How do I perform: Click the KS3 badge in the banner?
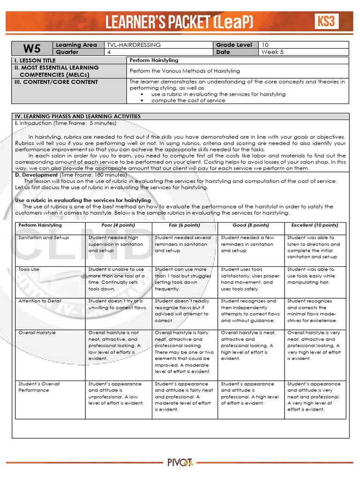tap(327, 21)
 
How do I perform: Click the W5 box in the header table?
tap(32, 49)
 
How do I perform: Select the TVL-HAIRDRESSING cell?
tap(134, 45)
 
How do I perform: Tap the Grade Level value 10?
tap(265, 45)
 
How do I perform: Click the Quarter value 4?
tap(109, 52)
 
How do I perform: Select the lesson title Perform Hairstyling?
tap(154, 60)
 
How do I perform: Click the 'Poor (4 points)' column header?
tap(118, 225)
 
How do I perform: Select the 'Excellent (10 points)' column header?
tap(315, 225)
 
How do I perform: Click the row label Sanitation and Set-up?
tap(44, 238)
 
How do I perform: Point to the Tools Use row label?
tap(29, 270)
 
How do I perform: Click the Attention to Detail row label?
tap(40, 301)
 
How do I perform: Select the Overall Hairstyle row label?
tap(37, 333)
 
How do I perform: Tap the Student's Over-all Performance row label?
tap(39, 387)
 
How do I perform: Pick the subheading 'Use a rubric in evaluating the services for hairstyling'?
tap(83, 200)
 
